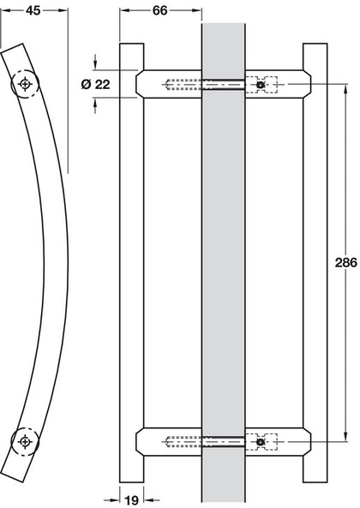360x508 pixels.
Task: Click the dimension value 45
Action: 33,10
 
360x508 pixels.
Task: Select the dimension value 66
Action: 159,10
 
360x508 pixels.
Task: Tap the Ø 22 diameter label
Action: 96,85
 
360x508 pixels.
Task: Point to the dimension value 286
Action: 346,262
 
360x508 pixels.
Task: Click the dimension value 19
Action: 131,500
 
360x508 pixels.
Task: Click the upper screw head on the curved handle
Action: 25,84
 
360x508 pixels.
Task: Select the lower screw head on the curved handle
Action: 25,441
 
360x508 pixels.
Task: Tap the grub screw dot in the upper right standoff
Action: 260,85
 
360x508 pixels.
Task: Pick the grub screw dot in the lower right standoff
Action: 260,441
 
